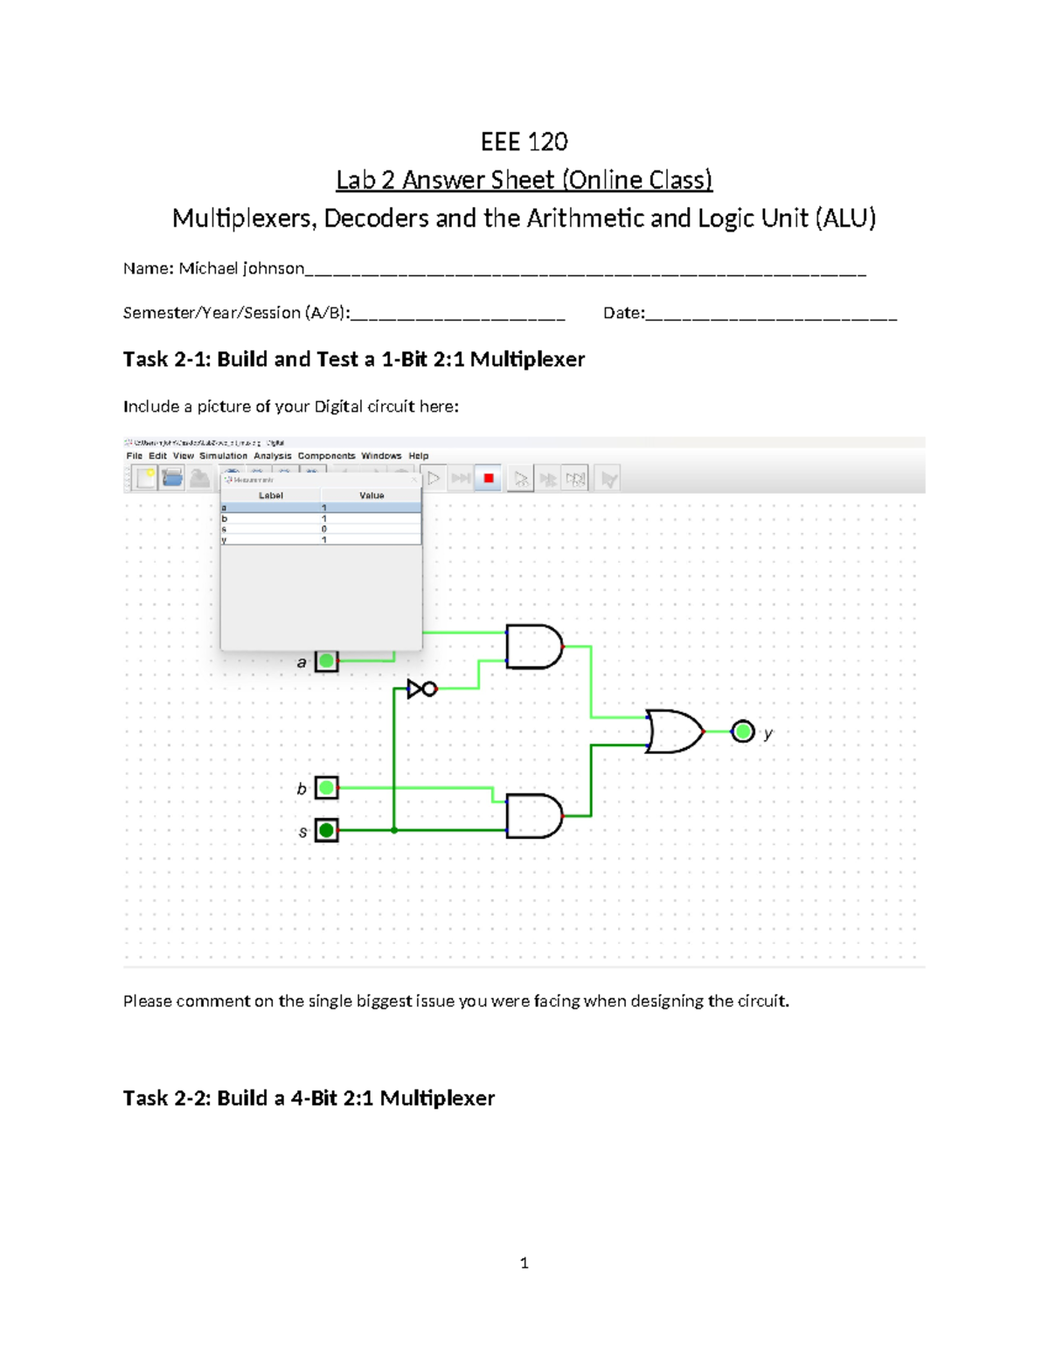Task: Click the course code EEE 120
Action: coord(524,142)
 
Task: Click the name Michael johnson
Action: coord(241,268)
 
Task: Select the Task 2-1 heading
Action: coord(353,359)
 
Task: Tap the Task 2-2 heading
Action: coord(309,1098)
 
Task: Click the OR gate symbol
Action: coord(674,731)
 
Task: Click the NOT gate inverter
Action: coord(421,689)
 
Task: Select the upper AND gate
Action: coord(533,647)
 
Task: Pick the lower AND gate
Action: coord(533,816)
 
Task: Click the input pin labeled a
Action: coord(326,661)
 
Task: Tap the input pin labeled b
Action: coord(326,787)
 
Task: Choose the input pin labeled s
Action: coord(326,829)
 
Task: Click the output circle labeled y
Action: coord(742,731)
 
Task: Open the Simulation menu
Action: coord(223,455)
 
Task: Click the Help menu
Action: coord(418,455)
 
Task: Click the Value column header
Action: coord(372,495)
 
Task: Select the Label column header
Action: coord(270,495)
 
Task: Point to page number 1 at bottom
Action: coord(524,1263)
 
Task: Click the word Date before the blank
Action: coord(622,313)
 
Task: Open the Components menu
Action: coord(326,455)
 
